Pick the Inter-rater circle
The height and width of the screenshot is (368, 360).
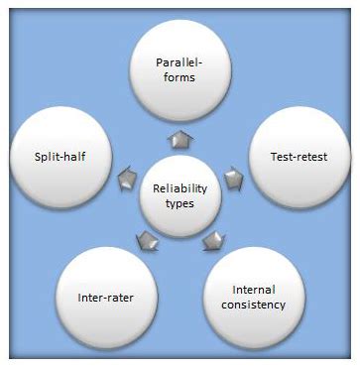(x=106, y=296)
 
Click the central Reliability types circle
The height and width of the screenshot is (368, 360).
(x=180, y=196)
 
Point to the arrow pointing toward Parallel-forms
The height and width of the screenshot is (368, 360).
(x=180, y=139)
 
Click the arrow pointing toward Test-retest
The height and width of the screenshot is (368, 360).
(x=234, y=179)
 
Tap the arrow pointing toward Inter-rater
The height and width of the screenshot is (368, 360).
(x=147, y=240)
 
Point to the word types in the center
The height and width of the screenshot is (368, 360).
(x=180, y=204)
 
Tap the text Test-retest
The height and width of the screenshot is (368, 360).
(x=298, y=157)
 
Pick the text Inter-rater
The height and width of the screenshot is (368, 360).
(x=106, y=296)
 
